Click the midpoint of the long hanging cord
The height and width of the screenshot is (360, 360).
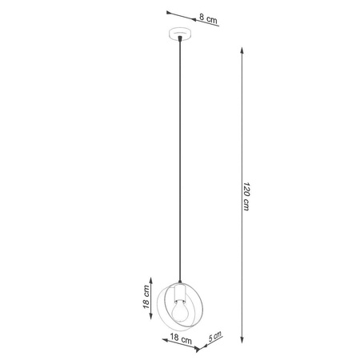point(182,160)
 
